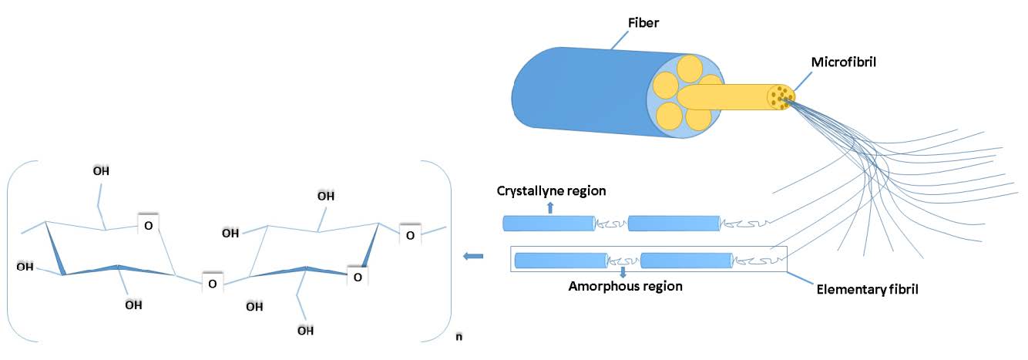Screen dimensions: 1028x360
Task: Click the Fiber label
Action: tap(643, 22)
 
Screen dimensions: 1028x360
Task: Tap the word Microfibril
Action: tap(844, 62)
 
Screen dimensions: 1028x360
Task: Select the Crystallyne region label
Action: tap(551, 191)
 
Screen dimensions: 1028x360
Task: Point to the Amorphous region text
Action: tap(626, 287)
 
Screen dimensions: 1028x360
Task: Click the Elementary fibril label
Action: tap(868, 289)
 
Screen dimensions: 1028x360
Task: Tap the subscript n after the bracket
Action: tap(459, 337)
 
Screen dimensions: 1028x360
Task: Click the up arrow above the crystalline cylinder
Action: tap(550, 207)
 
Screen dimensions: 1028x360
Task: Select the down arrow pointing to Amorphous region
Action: tap(623, 272)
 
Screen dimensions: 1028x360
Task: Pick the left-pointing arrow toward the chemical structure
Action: tap(473, 256)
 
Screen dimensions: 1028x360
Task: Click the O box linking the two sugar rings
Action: tap(212, 283)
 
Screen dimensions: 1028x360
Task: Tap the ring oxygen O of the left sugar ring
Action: tap(148, 224)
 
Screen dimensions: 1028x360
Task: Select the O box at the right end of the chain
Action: tap(410, 234)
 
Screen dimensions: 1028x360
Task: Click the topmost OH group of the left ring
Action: tap(101, 171)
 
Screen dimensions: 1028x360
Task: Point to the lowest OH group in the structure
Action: tap(305, 331)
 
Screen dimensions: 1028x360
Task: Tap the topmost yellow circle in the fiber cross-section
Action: tap(689, 69)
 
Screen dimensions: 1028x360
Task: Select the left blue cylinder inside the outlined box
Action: tap(561, 261)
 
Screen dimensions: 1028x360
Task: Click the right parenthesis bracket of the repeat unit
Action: tap(436, 251)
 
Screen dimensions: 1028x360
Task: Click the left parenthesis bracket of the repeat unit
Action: tap(22, 251)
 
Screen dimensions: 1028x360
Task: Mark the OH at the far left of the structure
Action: tap(25, 266)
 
